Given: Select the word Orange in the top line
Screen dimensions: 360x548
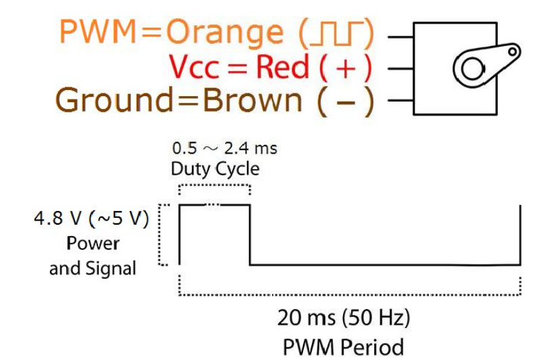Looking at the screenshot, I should click(x=223, y=32).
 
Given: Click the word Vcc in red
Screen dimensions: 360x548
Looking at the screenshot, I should click(x=199, y=67).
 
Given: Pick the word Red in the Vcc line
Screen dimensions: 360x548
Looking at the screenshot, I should click(x=287, y=67).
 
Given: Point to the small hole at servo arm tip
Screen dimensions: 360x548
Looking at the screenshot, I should click(x=512, y=50).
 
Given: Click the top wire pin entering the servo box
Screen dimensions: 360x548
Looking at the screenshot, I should click(x=402, y=33).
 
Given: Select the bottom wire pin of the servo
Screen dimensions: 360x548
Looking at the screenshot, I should click(x=402, y=102).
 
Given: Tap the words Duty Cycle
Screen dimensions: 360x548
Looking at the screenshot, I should click(x=214, y=168).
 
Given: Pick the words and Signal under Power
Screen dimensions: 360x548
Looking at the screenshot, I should click(x=93, y=268).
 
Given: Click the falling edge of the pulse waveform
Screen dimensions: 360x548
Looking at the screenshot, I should click(x=250, y=233).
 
